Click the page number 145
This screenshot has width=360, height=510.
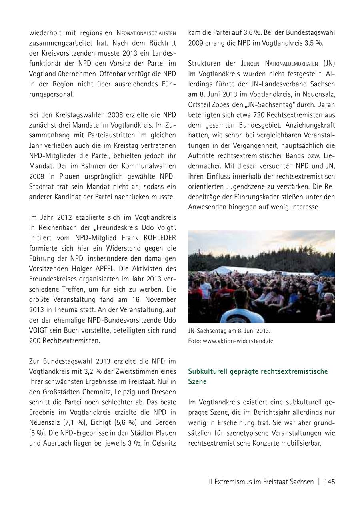click(x=330, y=482)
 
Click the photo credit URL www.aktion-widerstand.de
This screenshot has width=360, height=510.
click(x=238, y=341)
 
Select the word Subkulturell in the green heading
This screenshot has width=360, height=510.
click(x=208, y=371)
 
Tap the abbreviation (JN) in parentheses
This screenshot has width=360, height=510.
click(x=329, y=63)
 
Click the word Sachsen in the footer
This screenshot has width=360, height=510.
click(x=302, y=482)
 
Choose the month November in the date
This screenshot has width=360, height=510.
click(x=156, y=299)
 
